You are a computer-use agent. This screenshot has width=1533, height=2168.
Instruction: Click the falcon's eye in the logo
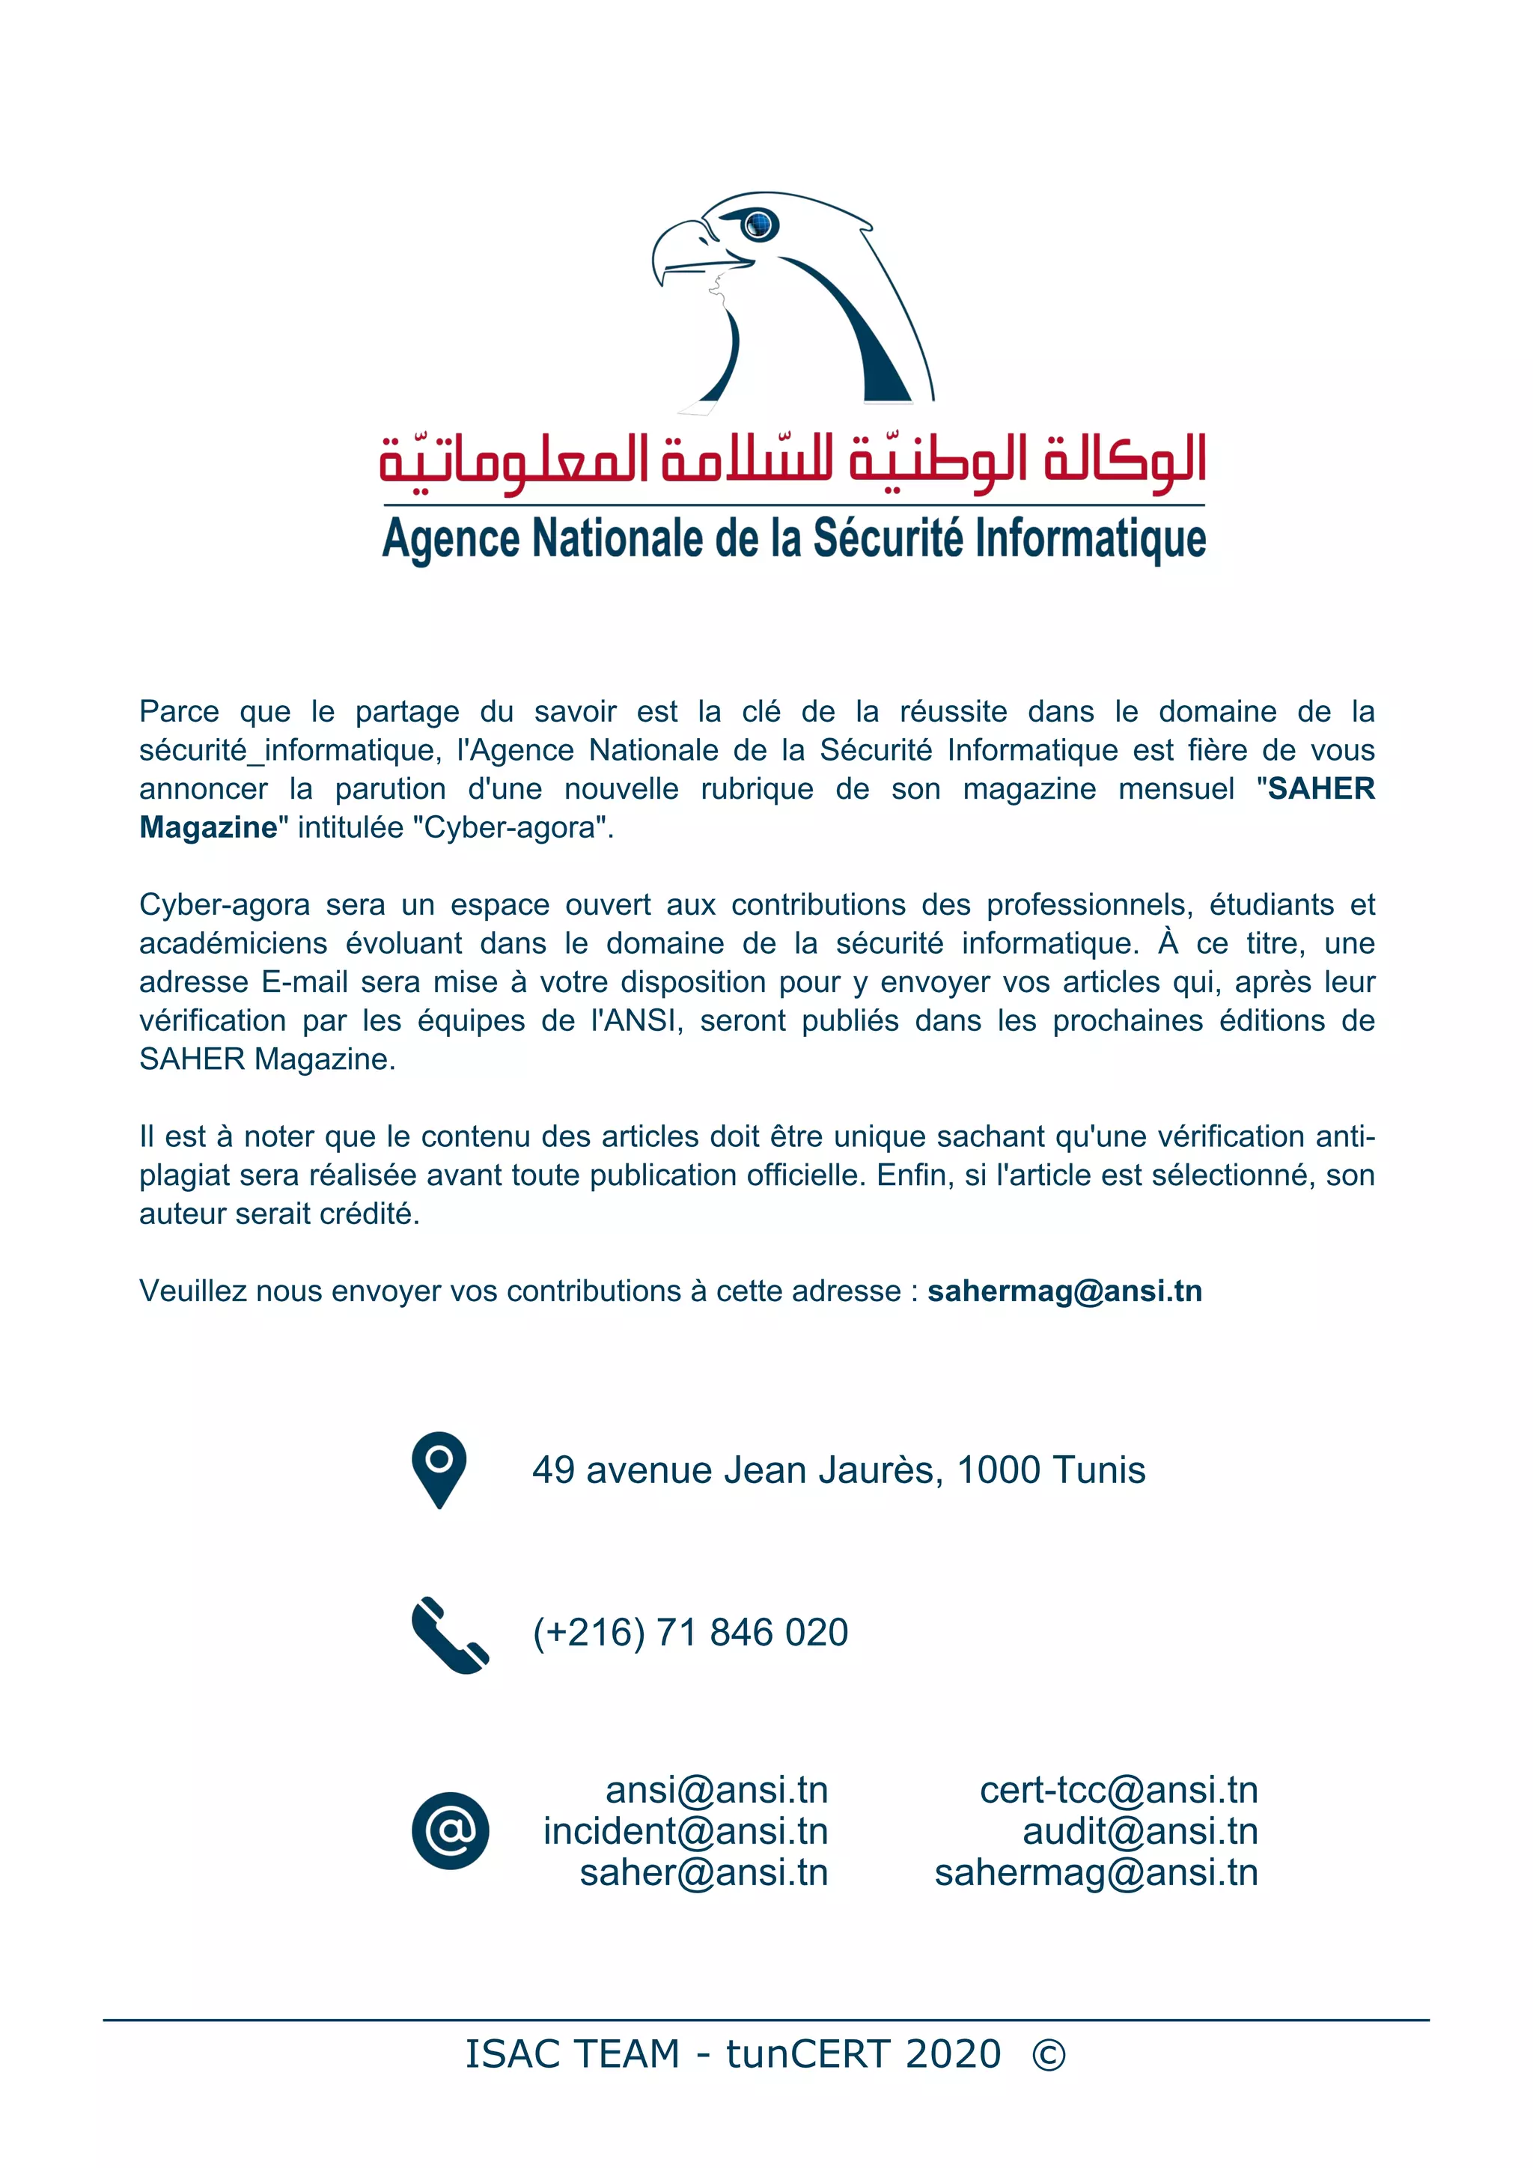[759, 225]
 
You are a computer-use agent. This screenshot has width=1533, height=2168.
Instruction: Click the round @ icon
[451, 1831]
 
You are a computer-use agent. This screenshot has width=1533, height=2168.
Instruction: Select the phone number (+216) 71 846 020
[690, 1633]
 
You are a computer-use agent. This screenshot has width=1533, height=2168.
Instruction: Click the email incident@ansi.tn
[686, 1832]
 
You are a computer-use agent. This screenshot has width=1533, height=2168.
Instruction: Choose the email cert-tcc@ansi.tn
[1118, 1790]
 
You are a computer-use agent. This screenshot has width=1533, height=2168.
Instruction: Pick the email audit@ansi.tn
[1140, 1832]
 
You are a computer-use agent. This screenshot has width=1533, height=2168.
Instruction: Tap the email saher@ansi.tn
[704, 1873]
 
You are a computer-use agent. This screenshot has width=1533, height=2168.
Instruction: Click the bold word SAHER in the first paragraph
[1320, 788]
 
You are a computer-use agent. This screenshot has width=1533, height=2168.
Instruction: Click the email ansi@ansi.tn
[716, 1790]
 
